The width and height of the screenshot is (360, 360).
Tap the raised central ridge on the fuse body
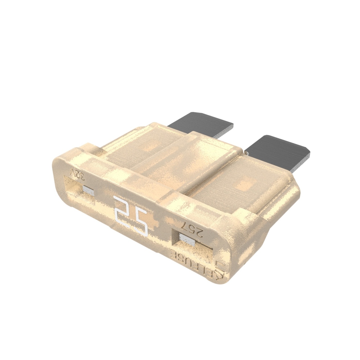[x=180, y=157]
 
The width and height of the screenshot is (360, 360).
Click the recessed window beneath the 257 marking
[x=194, y=247]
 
